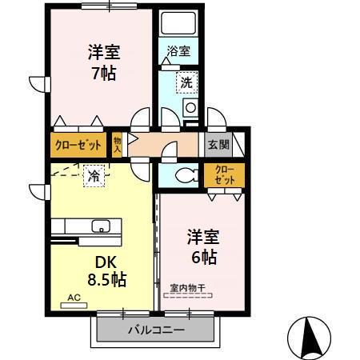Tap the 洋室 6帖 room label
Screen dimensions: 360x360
pos(202,246)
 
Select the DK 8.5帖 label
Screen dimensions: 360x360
pos(107,271)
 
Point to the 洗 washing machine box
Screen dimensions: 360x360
pos(185,81)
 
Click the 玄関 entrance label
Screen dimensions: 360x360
pos(218,145)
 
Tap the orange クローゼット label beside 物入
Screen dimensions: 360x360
pos(78,146)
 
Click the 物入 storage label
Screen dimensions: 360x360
pos(118,145)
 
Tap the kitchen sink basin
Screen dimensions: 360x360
pos(102,225)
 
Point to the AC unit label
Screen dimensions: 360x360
pos(74,298)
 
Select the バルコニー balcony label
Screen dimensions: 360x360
pos(156,330)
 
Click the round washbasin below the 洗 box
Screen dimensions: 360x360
pos(190,107)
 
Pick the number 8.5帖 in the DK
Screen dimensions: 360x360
pos(107,280)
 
